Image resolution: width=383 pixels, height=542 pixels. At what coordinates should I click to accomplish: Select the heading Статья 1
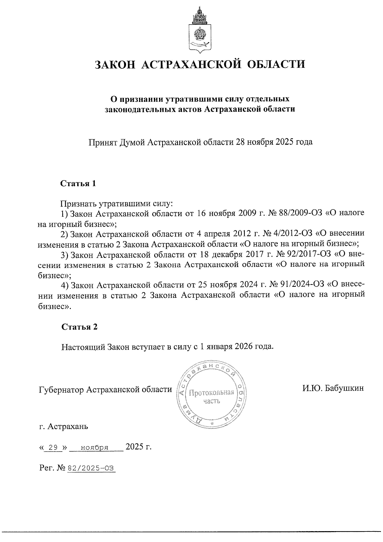tap(78, 184)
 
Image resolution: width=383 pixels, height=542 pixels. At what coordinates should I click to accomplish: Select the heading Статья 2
tap(79, 327)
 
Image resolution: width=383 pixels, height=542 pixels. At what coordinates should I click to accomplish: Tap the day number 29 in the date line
tap(53, 448)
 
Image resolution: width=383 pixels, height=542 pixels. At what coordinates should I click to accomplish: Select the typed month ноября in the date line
tap(95, 448)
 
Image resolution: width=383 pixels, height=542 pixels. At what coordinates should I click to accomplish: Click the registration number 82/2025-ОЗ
tap(91, 468)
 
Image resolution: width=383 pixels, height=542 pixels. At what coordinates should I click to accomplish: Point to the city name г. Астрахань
tap(64, 427)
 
